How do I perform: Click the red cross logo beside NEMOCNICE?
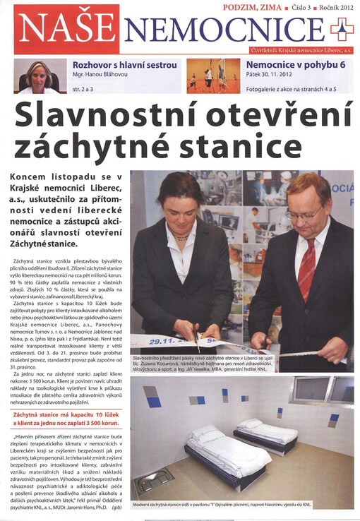pos(341,30)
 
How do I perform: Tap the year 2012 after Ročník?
pos(345,7)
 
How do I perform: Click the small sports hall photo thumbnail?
pos(212,76)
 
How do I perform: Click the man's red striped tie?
pos(306,268)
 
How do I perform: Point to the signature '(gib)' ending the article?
pos(116,507)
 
